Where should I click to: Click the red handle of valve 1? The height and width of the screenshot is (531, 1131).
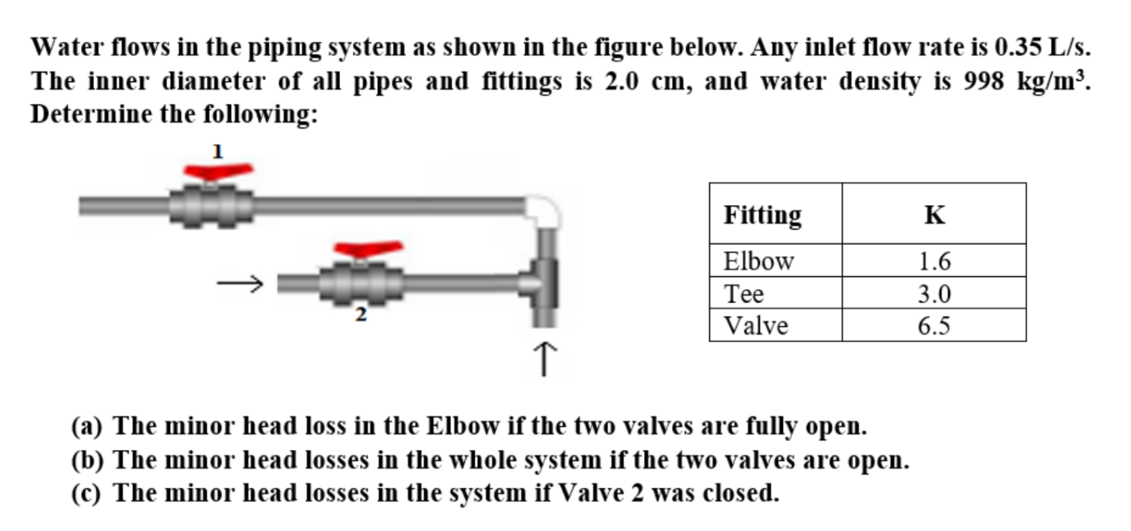coord(217,172)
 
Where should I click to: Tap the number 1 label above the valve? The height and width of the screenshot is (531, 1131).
coord(217,150)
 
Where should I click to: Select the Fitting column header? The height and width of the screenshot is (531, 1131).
coord(762,215)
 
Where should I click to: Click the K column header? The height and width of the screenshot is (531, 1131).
coord(934,215)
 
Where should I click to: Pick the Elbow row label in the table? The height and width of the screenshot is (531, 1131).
coord(758,261)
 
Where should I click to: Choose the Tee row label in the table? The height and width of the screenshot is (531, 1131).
coord(744,293)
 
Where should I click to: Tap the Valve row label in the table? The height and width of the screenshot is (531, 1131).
coord(756,326)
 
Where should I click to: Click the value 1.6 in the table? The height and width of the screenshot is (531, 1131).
coord(934,261)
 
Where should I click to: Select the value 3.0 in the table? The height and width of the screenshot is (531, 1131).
coord(934,293)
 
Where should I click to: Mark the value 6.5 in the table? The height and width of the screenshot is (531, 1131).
coord(934,326)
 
